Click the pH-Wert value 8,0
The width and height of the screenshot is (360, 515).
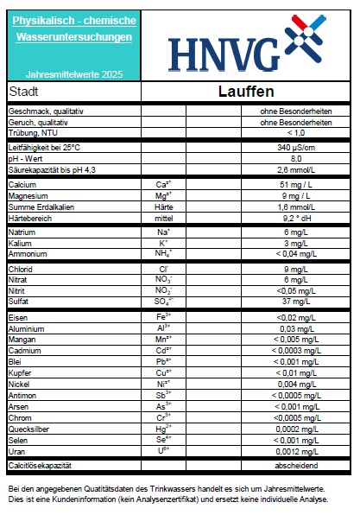tap(296, 159)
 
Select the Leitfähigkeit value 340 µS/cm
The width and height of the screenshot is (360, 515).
tap(296, 149)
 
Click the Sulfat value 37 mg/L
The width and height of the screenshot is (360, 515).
tap(296, 302)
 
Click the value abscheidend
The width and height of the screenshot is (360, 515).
tap(296, 466)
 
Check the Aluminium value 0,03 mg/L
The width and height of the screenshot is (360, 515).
tap(296, 329)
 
